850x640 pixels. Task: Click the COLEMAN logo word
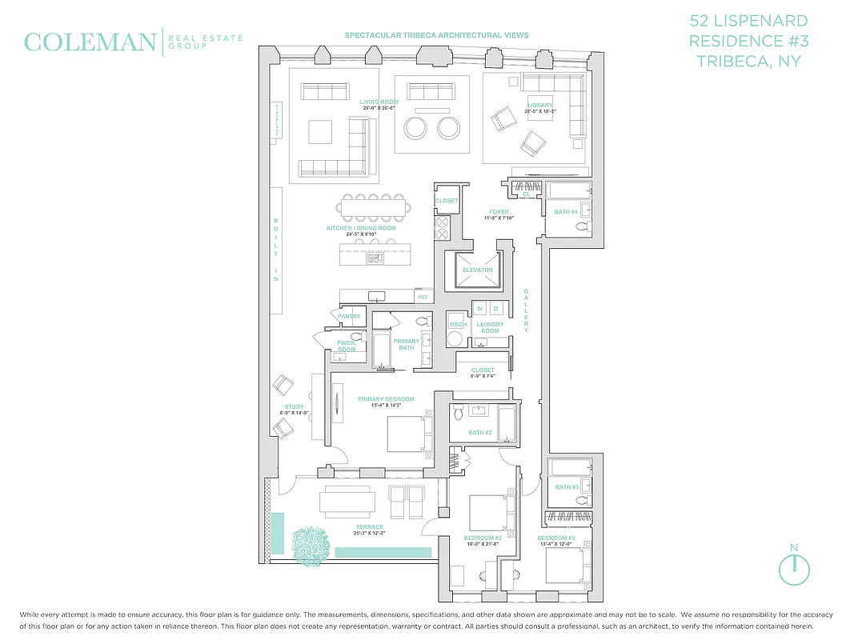pyautogui.click(x=90, y=42)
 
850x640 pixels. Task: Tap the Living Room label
pyautogui.click(x=379, y=102)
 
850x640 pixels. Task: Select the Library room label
pyautogui.click(x=539, y=106)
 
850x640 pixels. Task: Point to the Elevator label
pyautogui.click(x=477, y=270)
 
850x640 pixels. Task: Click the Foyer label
pyautogui.click(x=499, y=212)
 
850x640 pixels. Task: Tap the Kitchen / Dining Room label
pyautogui.click(x=361, y=229)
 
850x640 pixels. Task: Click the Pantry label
pyautogui.click(x=349, y=317)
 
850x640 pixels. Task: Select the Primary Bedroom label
pyautogui.click(x=386, y=399)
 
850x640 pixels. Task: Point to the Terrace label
pyautogui.click(x=369, y=527)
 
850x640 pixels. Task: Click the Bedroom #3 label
pyautogui.click(x=556, y=538)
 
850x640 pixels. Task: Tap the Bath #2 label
pyautogui.click(x=479, y=433)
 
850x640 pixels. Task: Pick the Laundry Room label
pyautogui.click(x=490, y=327)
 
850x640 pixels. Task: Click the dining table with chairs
pyautogui.click(x=375, y=207)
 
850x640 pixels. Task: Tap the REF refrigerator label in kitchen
pyautogui.click(x=422, y=298)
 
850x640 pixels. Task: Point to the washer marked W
pyautogui.click(x=480, y=308)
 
